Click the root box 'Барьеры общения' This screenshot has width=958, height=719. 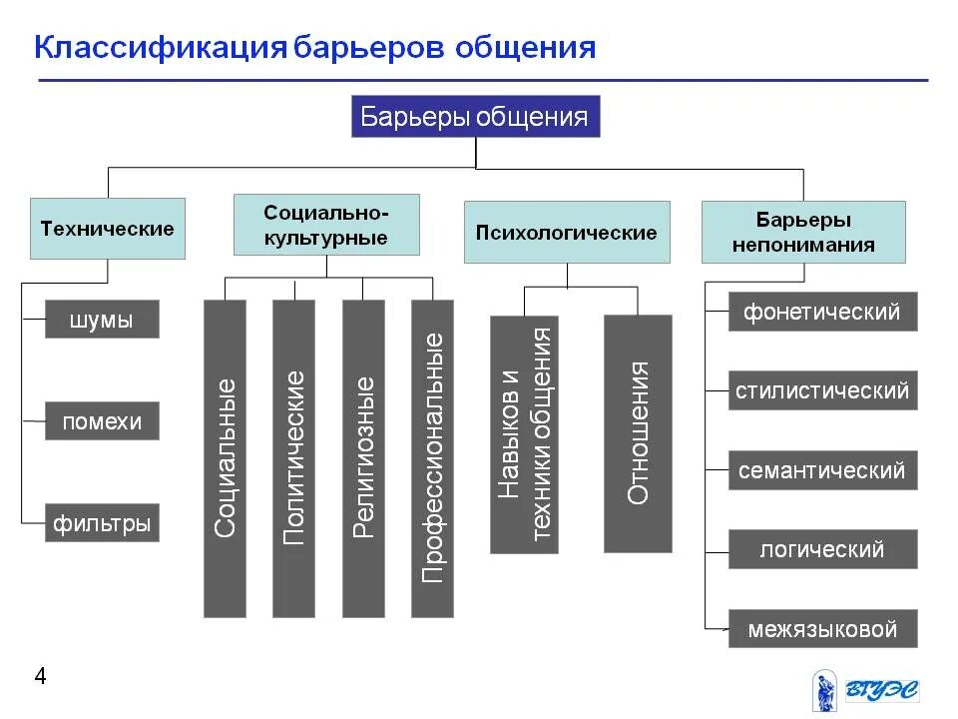coord(475,117)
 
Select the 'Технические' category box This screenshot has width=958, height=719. coord(107,229)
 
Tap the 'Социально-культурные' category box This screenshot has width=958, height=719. coord(326,225)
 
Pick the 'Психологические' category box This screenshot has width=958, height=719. coord(566,233)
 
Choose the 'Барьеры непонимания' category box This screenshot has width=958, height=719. coord(803,232)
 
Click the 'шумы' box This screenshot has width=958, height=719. coord(102,321)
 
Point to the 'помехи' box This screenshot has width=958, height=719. coord(102,421)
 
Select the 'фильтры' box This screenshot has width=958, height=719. coord(102,523)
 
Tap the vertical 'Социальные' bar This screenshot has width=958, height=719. coord(225,458)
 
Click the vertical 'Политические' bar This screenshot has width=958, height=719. coord(293,458)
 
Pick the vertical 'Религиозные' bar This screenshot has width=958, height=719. coord(363,458)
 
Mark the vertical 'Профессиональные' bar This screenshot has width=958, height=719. coord(432,458)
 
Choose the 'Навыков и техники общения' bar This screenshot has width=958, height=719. coord(524,434)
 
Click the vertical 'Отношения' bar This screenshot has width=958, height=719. coord(638,433)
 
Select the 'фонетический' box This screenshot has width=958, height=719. coord(822,312)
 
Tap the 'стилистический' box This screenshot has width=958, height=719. coord(822,390)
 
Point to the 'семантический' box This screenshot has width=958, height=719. coord(822,470)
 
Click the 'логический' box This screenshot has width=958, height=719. coord(822,549)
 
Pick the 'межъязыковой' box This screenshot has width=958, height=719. coord(822,629)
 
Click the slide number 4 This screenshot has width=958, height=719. coord(41,677)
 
